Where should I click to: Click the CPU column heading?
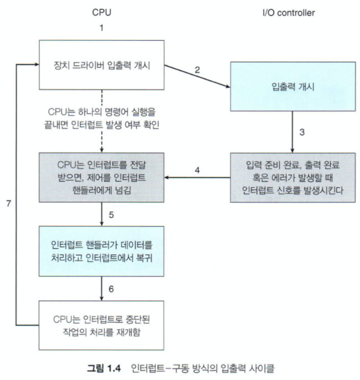(x=102, y=10)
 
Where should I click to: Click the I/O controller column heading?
(x=289, y=10)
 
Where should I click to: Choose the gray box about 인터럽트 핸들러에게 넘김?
(x=102, y=177)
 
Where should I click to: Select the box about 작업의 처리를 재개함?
(x=102, y=325)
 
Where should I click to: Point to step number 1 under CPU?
(x=102, y=28)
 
